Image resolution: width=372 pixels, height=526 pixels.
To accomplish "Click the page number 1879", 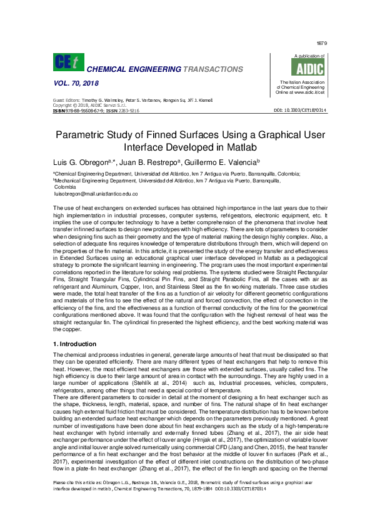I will point(322,43).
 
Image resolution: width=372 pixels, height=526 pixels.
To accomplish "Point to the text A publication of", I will point(300,56).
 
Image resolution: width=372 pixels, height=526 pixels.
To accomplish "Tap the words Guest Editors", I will point(68,101).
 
